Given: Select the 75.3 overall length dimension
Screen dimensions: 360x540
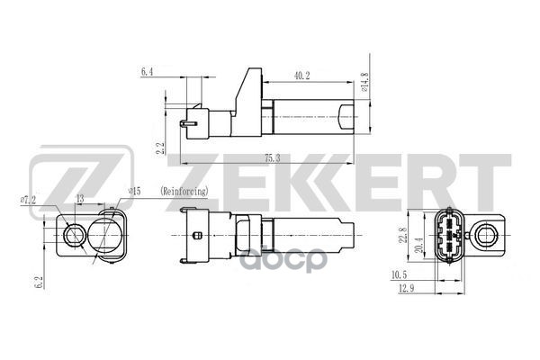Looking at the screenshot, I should [271, 157].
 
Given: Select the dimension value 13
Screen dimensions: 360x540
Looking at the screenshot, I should [80, 198].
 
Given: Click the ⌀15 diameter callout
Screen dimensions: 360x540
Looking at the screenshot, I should [136, 191].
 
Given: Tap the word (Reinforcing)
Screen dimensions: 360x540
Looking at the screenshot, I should [184, 192].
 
